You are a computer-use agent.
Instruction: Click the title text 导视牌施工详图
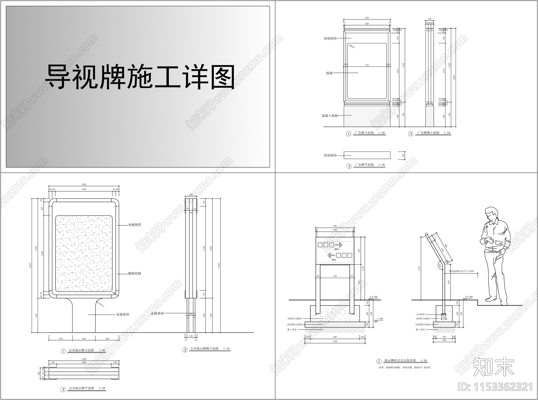click(x=140, y=77)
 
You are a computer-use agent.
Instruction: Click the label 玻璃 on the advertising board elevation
click(x=329, y=73)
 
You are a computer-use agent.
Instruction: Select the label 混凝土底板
click(x=330, y=116)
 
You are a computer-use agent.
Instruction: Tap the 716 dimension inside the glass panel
click(x=367, y=65)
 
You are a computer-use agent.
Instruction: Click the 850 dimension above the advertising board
click(x=367, y=18)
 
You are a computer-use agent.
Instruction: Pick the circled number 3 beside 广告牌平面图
click(x=349, y=166)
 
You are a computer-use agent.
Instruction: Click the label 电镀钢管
click(x=134, y=225)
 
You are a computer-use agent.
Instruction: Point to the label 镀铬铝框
click(x=134, y=273)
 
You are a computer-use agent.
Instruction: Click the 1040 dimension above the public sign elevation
click(x=83, y=189)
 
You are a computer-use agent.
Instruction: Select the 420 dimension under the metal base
click(x=84, y=338)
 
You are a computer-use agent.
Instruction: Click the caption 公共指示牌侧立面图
click(x=204, y=349)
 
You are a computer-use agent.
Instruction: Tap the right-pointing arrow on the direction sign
click(x=338, y=245)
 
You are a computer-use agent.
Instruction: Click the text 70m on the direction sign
click(x=333, y=260)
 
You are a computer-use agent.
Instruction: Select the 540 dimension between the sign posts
click(x=335, y=276)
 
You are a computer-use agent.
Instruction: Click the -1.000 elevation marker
click(x=379, y=319)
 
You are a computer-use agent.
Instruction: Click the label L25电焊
click(x=420, y=314)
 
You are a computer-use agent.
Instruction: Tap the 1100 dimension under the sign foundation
click(x=334, y=341)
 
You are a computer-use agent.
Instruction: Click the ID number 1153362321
click(x=496, y=387)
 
